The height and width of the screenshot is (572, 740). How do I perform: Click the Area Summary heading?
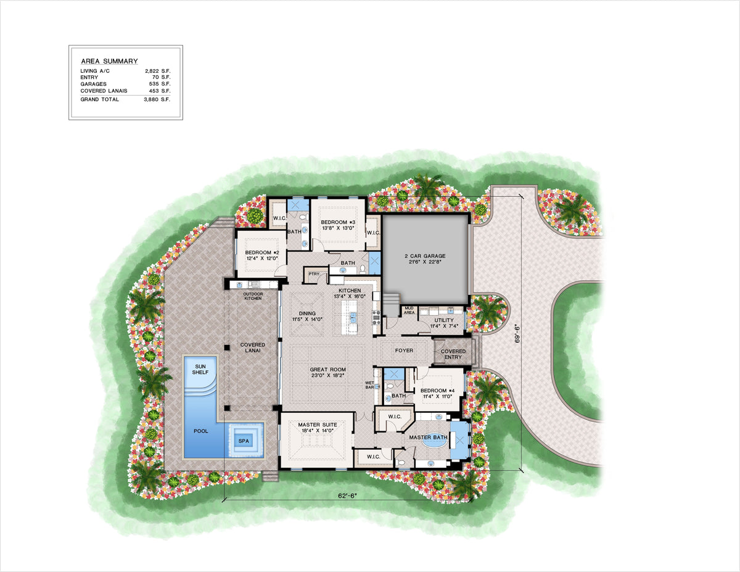click(109, 61)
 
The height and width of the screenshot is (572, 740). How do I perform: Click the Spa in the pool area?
click(244, 441)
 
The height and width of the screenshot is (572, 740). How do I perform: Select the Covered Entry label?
click(453, 354)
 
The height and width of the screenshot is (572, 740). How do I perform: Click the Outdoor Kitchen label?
click(253, 296)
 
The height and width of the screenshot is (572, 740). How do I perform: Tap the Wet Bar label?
click(370, 386)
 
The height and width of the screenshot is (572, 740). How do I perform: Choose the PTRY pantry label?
click(314, 274)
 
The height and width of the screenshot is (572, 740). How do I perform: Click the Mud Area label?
click(408, 310)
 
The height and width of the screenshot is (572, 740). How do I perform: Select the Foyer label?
click(404, 350)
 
